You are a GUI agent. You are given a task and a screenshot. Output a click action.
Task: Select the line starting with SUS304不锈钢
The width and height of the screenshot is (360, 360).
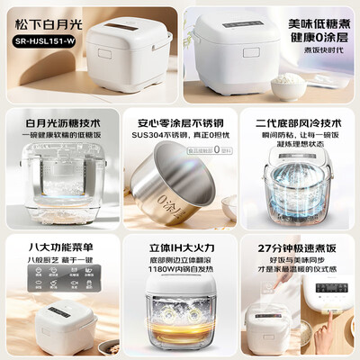click(x=179, y=135)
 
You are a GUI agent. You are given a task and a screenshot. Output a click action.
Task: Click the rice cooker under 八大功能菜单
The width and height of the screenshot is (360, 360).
click(x=49, y=315)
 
